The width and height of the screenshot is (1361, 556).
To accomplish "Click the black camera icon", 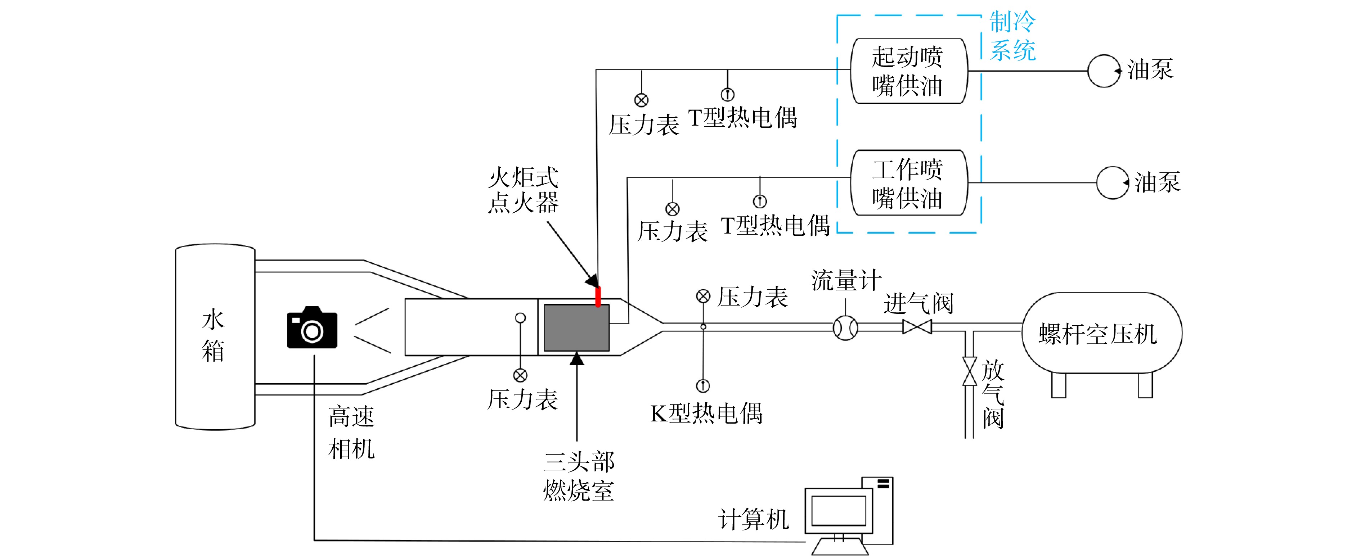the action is click(312, 327).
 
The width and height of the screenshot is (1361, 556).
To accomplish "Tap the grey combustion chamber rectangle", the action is click(576, 327).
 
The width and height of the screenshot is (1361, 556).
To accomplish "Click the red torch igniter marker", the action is click(598, 296).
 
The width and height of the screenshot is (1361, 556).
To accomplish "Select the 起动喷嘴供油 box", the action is click(909, 71).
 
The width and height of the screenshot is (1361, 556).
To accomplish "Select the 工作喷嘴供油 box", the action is click(909, 183).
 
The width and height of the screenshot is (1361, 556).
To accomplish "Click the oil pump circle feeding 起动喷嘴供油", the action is click(1104, 71).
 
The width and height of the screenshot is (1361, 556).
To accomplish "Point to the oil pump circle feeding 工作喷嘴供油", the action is click(1113, 183).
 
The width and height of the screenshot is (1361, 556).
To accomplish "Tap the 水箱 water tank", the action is click(215, 337).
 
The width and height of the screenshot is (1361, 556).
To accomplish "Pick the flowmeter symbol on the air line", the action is click(845, 328).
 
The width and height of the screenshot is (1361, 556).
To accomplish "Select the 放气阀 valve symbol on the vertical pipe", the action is click(970, 371).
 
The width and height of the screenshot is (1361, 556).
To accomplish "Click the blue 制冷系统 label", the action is click(1012, 36).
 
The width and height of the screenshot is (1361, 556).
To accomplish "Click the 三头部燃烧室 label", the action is click(579, 476).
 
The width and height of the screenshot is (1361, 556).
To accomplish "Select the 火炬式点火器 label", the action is click(523, 190).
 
